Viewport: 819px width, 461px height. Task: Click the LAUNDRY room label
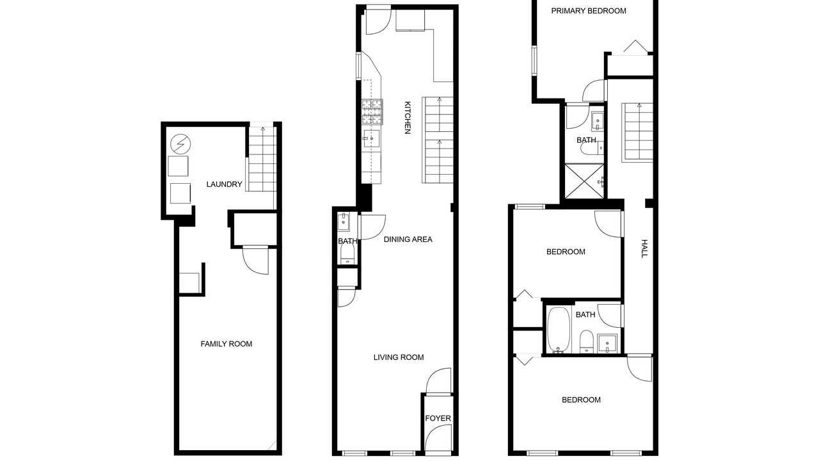tap(224, 184)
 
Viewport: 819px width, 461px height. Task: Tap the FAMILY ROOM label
tap(227, 344)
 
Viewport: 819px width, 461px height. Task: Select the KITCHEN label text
tap(408, 118)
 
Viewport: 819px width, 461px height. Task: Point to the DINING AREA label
tap(408, 239)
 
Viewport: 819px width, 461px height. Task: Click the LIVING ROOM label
tap(399, 357)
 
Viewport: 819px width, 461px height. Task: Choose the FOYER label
tap(438, 418)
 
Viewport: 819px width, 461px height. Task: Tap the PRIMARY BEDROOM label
tap(589, 11)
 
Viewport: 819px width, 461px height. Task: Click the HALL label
tap(644, 248)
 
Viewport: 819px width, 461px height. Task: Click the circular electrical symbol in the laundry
tap(180, 144)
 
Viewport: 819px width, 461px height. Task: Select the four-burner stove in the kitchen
tap(372, 111)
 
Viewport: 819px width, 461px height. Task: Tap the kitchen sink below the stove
tap(371, 139)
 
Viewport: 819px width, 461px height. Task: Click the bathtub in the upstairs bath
tap(559, 330)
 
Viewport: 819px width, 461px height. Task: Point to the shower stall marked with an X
tap(584, 181)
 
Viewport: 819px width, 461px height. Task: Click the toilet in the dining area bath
tap(347, 253)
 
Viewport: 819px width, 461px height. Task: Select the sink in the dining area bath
tap(344, 222)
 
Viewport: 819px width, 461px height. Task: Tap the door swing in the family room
tap(255, 261)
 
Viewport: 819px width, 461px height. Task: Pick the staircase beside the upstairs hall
tap(638, 133)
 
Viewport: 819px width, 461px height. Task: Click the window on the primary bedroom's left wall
tap(534, 61)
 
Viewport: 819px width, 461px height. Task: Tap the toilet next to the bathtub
tap(587, 341)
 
